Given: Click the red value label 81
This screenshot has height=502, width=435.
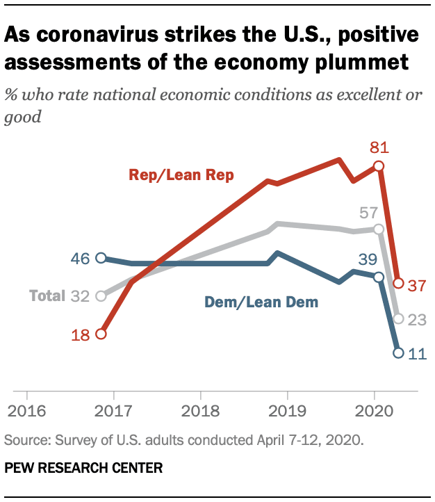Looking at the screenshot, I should click(379, 147).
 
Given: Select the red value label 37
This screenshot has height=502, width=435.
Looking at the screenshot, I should click(416, 286).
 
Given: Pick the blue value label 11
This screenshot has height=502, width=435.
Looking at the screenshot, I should click(416, 354).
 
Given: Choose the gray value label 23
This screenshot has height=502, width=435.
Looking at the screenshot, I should click(416, 319).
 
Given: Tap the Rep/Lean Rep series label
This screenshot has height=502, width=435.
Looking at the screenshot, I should click(181, 175).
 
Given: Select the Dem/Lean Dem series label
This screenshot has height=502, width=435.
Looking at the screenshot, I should click(261, 302).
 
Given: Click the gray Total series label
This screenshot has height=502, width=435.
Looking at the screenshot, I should click(47, 296).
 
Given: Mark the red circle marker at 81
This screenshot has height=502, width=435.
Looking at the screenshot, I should click(379, 165).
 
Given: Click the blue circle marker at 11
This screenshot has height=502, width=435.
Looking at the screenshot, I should click(398, 353).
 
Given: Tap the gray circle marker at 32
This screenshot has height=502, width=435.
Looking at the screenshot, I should click(101, 296).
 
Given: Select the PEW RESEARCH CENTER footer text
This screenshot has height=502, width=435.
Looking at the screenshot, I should click(83, 469).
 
